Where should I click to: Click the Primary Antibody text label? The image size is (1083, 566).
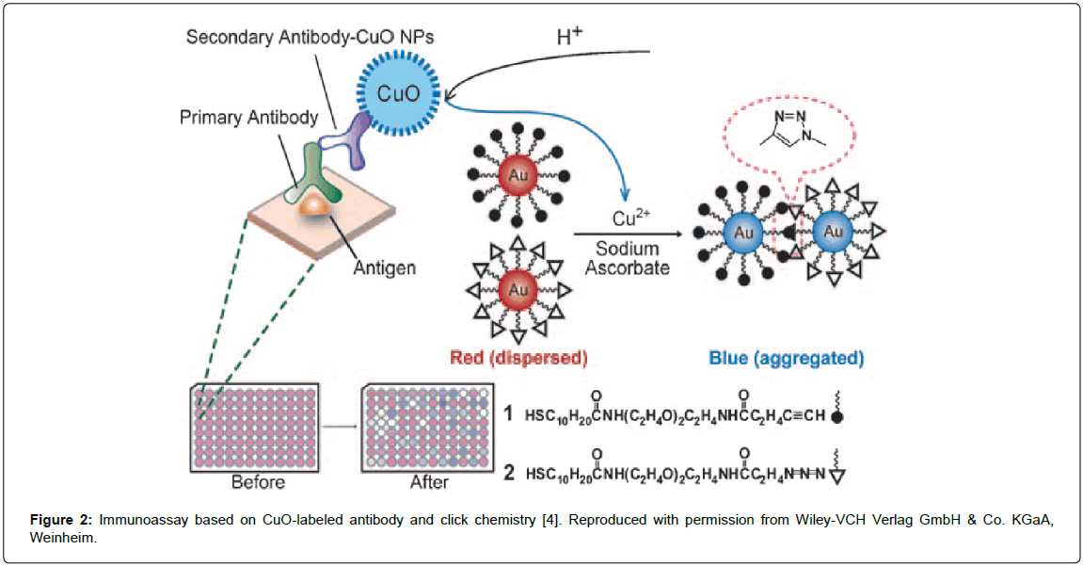tap(248, 118)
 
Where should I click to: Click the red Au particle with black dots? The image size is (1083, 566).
tap(518, 177)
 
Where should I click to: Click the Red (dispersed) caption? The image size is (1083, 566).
tap(518, 358)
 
